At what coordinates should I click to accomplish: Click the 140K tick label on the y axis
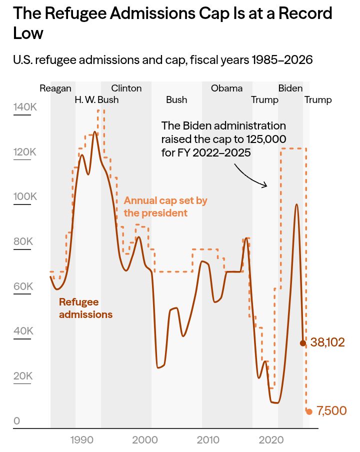tap(25, 107)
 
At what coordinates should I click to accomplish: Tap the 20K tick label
tap(23, 376)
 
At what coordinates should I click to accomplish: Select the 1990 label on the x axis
tap(81, 440)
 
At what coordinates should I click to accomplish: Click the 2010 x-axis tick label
tap(207, 440)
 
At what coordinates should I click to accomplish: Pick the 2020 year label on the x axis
tap(270, 440)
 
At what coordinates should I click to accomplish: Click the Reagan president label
tap(55, 88)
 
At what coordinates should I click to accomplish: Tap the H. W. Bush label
tap(96, 99)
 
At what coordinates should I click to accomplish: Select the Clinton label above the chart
tap(126, 88)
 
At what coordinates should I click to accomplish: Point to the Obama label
tap(226, 88)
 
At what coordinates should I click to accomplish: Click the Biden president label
tap(290, 88)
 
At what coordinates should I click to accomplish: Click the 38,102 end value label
tap(327, 342)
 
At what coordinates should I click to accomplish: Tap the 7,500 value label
tap(331, 411)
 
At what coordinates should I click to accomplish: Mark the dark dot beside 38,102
tap(302, 343)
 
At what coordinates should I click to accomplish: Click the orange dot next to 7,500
tap(309, 411)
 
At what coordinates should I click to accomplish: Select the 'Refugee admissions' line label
tap(85, 308)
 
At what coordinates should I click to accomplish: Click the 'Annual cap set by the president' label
tap(165, 207)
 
